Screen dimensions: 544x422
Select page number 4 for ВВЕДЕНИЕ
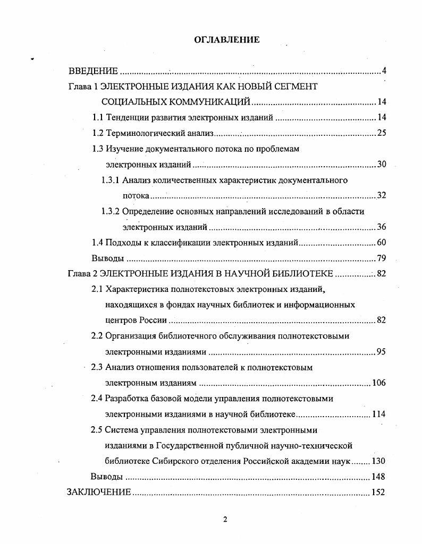click(384, 71)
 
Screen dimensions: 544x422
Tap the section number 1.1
click(98, 117)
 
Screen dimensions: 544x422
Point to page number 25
click(381, 133)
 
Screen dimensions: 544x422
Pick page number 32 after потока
click(381, 196)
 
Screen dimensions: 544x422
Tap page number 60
click(381, 243)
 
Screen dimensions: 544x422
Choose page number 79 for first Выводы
click(381, 258)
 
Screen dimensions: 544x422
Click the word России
click(155, 321)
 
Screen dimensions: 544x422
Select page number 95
click(381, 352)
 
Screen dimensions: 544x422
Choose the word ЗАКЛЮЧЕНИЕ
click(99, 492)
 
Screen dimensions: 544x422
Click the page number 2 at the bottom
click(225, 519)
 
